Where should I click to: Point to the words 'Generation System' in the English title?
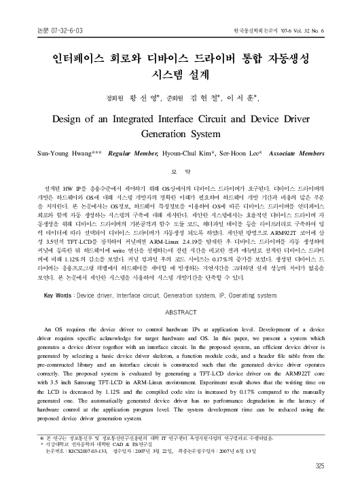pos(180,134)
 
